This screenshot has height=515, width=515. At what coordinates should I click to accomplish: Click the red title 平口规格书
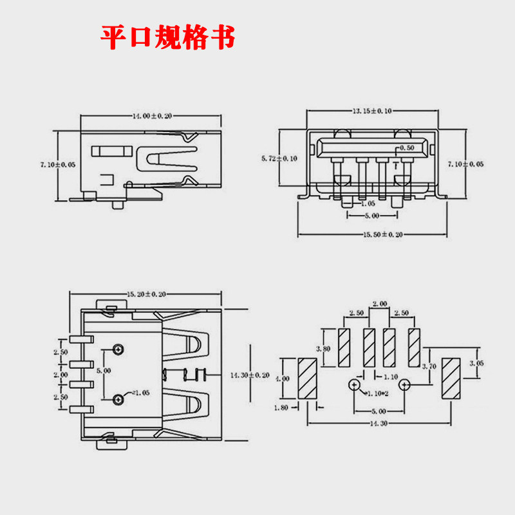pyautogui.click(x=168, y=37)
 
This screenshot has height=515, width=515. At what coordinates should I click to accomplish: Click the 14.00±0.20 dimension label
pyautogui.click(x=152, y=116)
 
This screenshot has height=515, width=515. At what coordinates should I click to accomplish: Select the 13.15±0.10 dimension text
pyautogui.click(x=372, y=111)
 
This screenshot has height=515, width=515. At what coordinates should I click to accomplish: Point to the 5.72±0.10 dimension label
pyautogui.click(x=279, y=158)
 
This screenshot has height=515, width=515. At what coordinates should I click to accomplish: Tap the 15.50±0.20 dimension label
pyautogui.click(x=382, y=234)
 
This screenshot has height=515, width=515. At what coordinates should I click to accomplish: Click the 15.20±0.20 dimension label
pyautogui.click(x=146, y=294)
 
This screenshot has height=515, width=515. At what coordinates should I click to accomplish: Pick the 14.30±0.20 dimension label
pyautogui.click(x=250, y=375)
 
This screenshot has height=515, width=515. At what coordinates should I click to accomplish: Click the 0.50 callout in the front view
pyautogui.click(x=407, y=148)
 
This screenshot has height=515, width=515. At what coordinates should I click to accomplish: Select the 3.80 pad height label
pyautogui.click(x=323, y=349)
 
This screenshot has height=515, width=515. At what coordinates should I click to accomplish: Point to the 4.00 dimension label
pyautogui.click(x=283, y=379)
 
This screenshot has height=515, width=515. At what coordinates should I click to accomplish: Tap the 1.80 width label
pyautogui.click(x=281, y=407)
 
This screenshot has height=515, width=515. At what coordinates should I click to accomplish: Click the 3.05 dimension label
pyautogui.click(x=476, y=363)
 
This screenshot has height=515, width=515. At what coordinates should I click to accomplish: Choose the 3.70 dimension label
pyautogui.click(x=429, y=366)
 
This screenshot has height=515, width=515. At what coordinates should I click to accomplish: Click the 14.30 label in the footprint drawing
pyautogui.click(x=379, y=424)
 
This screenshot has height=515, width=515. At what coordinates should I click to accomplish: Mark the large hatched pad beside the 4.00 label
pyautogui.click(x=308, y=379)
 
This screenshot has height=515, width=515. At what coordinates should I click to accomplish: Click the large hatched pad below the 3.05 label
pyautogui.click(x=451, y=379)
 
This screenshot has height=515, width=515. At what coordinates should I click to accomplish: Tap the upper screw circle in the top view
pyautogui.click(x=118, y=349)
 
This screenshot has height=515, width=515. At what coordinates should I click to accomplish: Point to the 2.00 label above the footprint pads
pyautogui.click(x=380, y=304)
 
